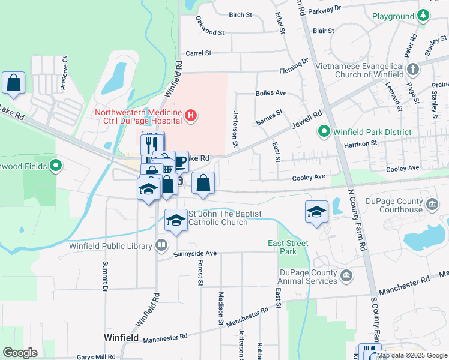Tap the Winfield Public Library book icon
(x=161, y=245)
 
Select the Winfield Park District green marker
(x=324, y=130)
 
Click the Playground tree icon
(x=423, y=14)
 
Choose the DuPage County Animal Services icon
(x=346, y=276)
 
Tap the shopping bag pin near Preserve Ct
(x=13, y=83)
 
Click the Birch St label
(x=240, y=14)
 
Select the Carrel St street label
(x=199, y=53)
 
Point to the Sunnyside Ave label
(x=194, y=254)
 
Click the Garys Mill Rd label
(x=97, y=357)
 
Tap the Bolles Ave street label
(x=271, y=94)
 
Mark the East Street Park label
(x=288, y=247)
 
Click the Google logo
(x=20, y=353)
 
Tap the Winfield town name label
(x=122, y=338)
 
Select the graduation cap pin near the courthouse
(x=316, y=212)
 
